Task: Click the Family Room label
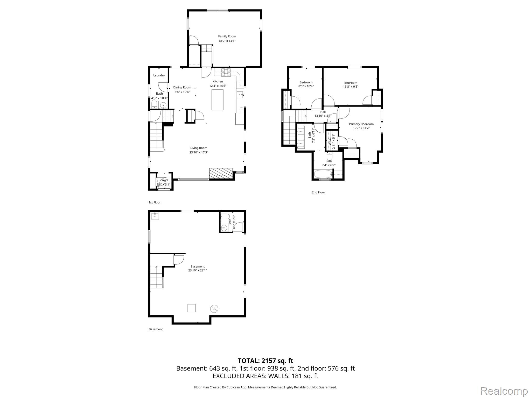click(x=227, y=37)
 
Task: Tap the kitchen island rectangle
click(x=218, y=100)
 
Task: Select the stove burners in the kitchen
click(x=226, y=72)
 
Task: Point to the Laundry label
click(x=159, y=75)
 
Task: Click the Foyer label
click(x=164, y=180)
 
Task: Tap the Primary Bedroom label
click(x=361, y=124)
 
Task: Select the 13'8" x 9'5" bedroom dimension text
click(x=351, y=87)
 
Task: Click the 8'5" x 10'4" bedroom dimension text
click(x=306, y=86)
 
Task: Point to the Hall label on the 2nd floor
click(x=323, y=112)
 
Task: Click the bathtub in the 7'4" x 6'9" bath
click(x=323, y=174)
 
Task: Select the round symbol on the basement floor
click(x=214, y=308)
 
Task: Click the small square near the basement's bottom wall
click(x=191, y=308)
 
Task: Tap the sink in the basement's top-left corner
click(x=155, y=216)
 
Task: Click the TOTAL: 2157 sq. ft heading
click(x=265, y=361)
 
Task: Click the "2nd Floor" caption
click(x=318, y=192)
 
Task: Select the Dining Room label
click(x=182, y=88)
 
